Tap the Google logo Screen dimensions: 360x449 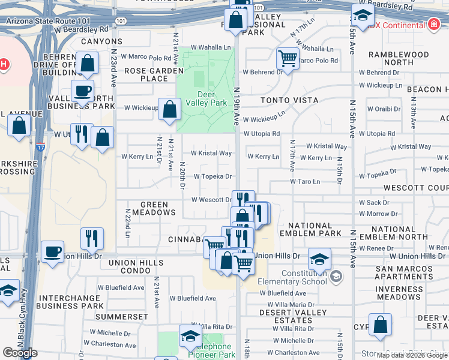(x=20, y=353)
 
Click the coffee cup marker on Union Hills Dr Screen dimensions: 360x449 (x=53, y=251)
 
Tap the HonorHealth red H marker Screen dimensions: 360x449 (x=3, y=65)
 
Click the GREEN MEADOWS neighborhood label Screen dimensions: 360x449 (x=150, y=208)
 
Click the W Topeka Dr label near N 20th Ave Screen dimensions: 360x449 (x=213, y=176)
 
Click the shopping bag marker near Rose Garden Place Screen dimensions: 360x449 (x=170, y=109)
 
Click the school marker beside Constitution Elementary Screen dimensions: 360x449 (x=319, y=259)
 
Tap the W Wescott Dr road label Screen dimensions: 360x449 (x=211, y=200)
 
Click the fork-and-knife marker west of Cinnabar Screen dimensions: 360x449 (x=92, y=238)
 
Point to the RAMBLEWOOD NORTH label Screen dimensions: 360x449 (x=399, y=58)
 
